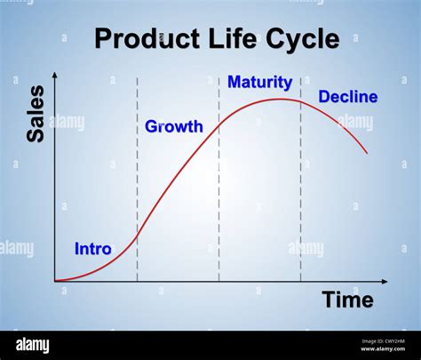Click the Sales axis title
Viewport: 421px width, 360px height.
click(36, 114)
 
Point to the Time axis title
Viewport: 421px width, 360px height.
click(347, 300)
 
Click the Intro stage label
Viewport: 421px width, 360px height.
click(93, 249)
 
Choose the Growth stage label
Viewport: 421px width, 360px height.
click(174, 127)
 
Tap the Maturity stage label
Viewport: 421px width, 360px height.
click(259, 83)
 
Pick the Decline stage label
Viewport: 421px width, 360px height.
click(347, 97)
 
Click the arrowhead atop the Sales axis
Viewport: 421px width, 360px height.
click(55, 74)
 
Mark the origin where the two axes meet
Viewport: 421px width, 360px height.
click(55, 282)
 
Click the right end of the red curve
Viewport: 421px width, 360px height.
click(367, 153)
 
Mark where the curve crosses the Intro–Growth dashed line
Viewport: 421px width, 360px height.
click(137, 235)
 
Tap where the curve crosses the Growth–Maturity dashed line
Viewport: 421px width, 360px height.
click(218, 125)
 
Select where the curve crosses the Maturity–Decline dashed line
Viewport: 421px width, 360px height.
click(300, 100)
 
